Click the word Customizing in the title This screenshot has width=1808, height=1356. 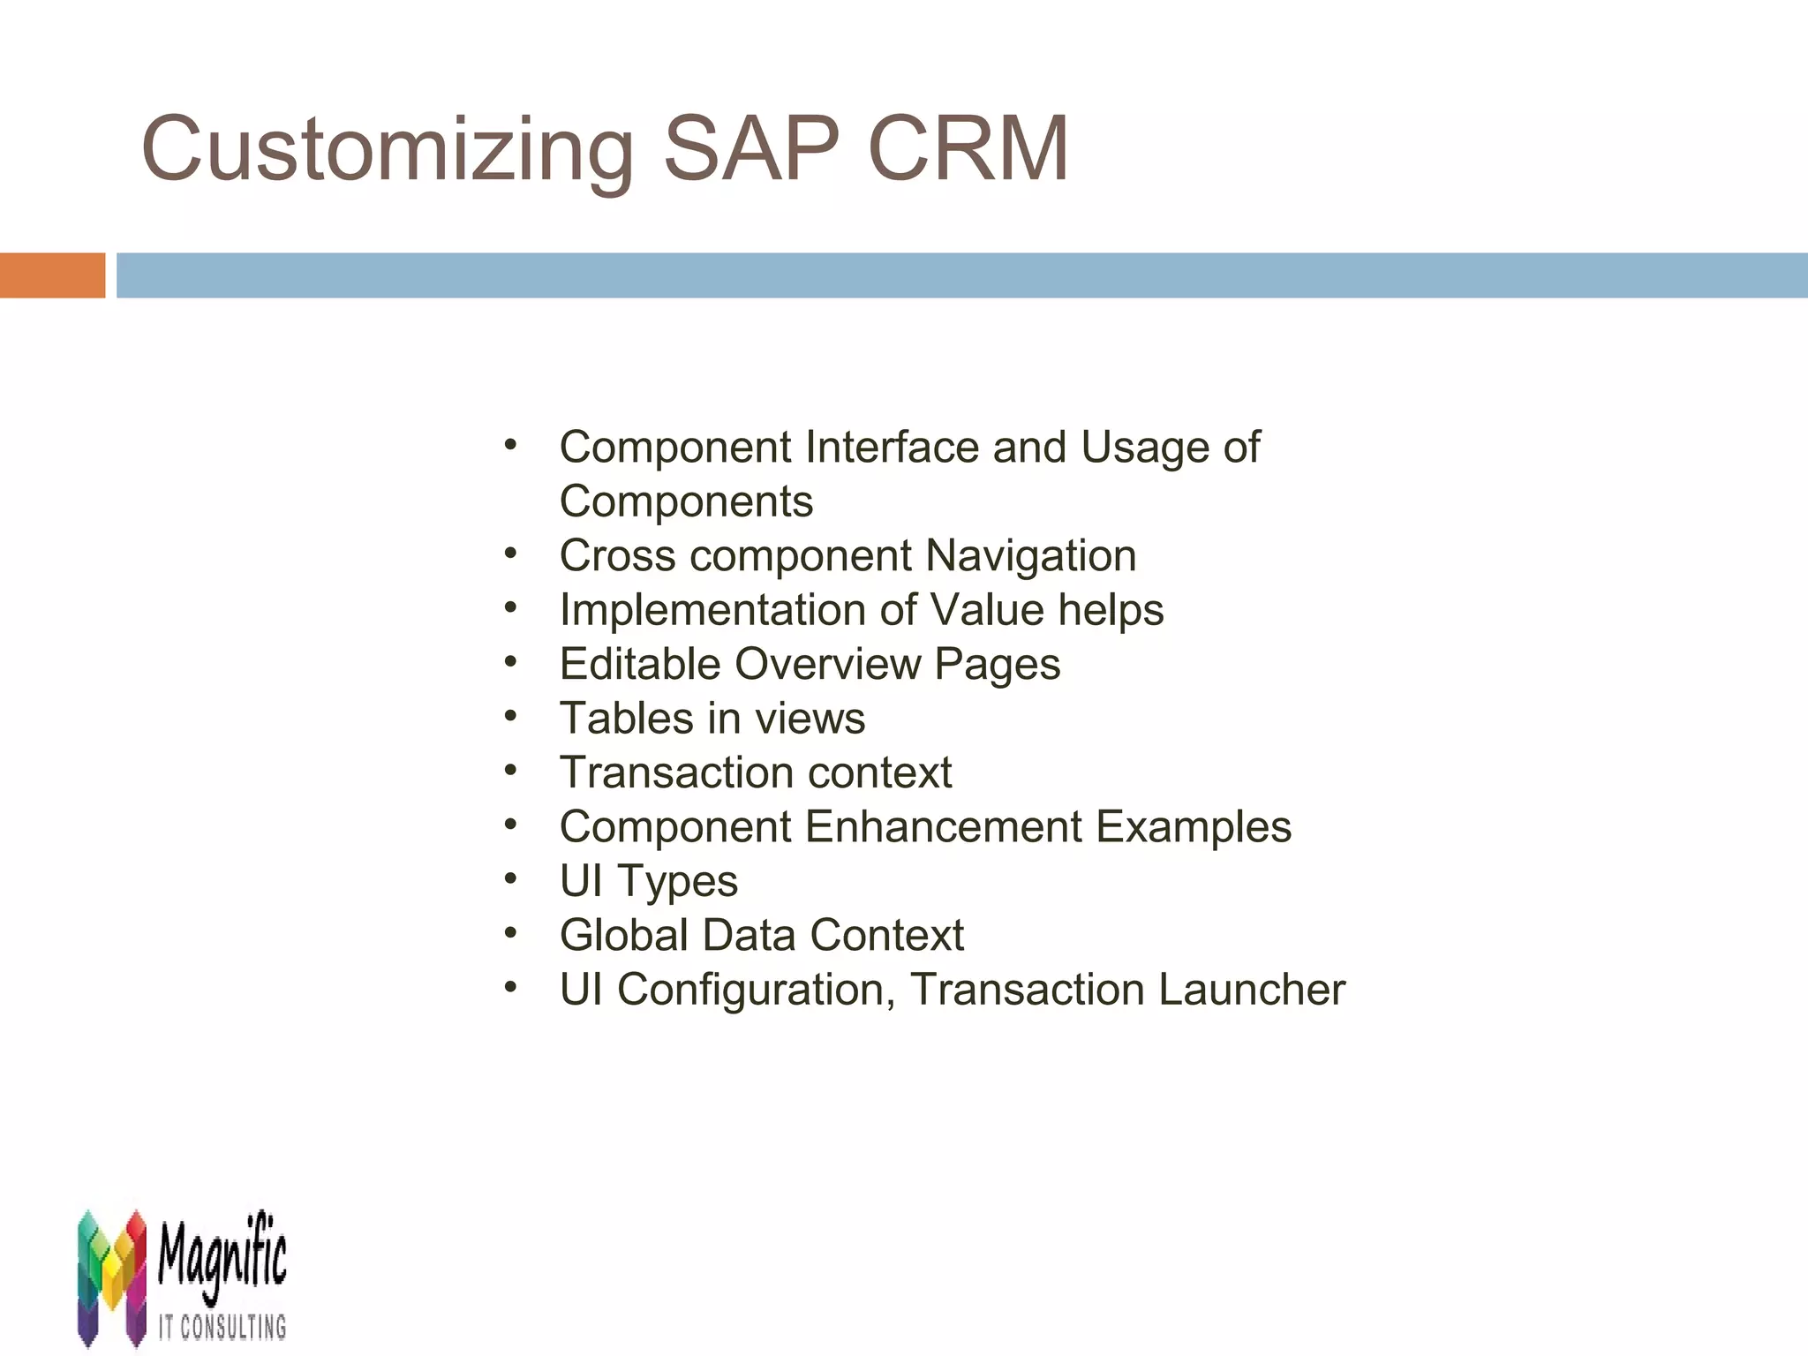coord(387,150)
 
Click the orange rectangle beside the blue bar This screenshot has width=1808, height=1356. coord(52,275)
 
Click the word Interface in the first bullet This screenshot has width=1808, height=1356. coord(892,447)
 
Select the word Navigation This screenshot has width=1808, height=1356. coord(1030,556)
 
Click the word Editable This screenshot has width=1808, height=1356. coord(640,664)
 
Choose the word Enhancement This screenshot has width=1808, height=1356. coord(943,827)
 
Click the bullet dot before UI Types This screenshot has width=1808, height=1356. coord(511,878)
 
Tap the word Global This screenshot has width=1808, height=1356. coord(623,936)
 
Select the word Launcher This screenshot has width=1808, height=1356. coord(1252,990)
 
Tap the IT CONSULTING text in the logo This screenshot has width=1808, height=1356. coord(222,1326)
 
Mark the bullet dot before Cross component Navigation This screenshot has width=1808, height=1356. coord(511,554)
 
